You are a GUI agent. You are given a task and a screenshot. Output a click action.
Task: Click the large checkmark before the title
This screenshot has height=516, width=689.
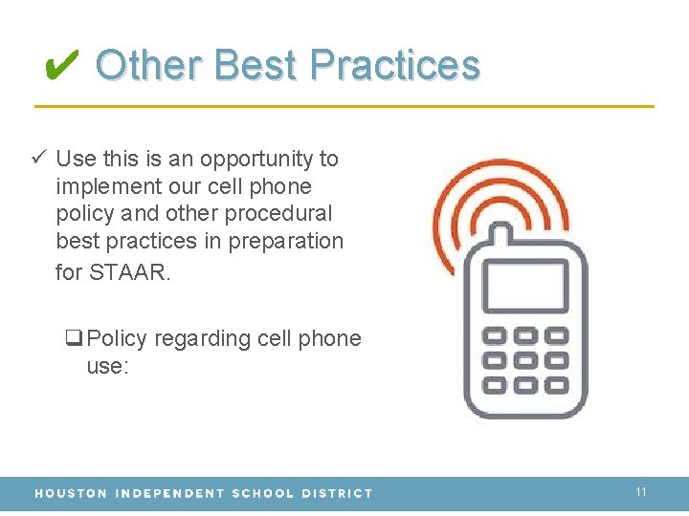pyautogui.click(x=61, y=65)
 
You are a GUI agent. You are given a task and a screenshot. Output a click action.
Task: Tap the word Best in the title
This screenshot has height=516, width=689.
pyautogui.click(x=256, y=65)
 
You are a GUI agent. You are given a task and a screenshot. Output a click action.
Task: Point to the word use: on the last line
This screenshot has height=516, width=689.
pyautogui.click(x=106, y=366)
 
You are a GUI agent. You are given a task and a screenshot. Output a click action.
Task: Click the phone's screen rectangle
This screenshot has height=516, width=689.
pyautogui.click(x=524, y=286)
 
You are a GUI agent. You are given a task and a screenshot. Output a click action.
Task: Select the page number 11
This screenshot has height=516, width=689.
pyautogui.click(x=641, y=492)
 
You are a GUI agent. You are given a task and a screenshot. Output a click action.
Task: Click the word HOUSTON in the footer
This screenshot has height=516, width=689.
pyautogui.click(x=71, y=493)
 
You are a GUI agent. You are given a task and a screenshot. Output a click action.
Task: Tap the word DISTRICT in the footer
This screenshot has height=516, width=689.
pyautogui.click(x=337, y=493)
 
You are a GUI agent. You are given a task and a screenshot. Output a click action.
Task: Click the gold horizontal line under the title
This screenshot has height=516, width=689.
pyautogui.click(x=344, y=105)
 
